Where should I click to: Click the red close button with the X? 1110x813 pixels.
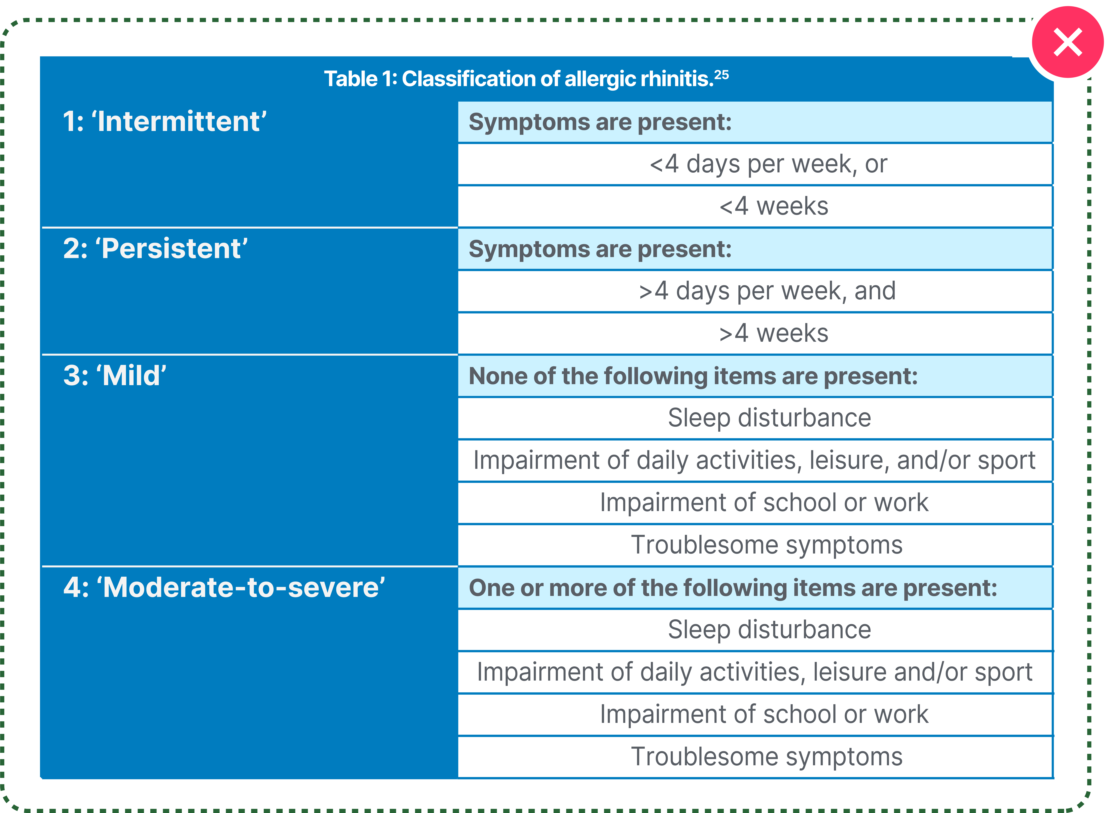(1067, 42)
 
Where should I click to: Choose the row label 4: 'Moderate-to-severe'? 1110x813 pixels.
(224, 588)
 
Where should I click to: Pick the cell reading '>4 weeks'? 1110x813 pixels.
(774, 333)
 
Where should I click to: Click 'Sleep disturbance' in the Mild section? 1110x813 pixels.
(769, 418)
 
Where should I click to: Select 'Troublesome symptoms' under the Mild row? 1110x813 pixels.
(767, 545)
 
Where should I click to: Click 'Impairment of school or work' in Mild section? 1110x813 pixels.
(764, 503)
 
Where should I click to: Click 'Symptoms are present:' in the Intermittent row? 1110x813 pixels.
(600, 122)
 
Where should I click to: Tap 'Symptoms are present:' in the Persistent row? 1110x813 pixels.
(600, 249)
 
